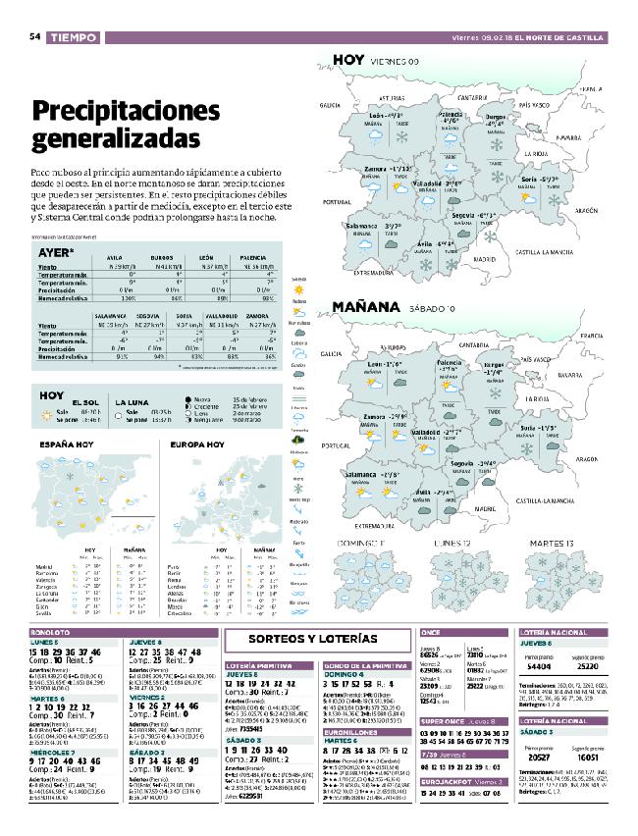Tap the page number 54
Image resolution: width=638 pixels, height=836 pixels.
(x=34, y=36)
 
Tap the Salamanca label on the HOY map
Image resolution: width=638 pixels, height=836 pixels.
(x=366, y=226)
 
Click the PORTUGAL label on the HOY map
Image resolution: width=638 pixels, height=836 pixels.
(x=337, y=201)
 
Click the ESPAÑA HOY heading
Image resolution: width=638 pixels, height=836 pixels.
(x=67, y=444)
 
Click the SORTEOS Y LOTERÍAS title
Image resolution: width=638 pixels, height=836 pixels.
(x=313, y=639)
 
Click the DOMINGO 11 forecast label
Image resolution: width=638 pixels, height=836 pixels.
(x=364, y=542)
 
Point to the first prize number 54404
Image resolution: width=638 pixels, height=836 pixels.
(x=517, y=664)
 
